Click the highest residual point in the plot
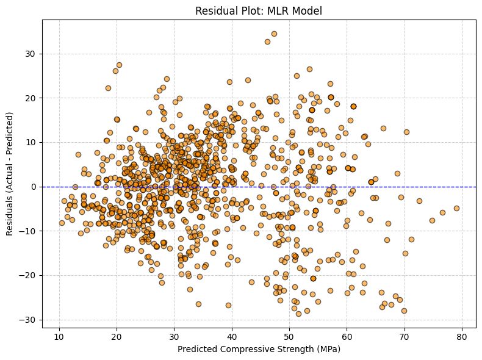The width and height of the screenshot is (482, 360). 274,34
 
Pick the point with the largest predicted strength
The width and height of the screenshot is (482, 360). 456,208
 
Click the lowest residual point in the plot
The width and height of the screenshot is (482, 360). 298,314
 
